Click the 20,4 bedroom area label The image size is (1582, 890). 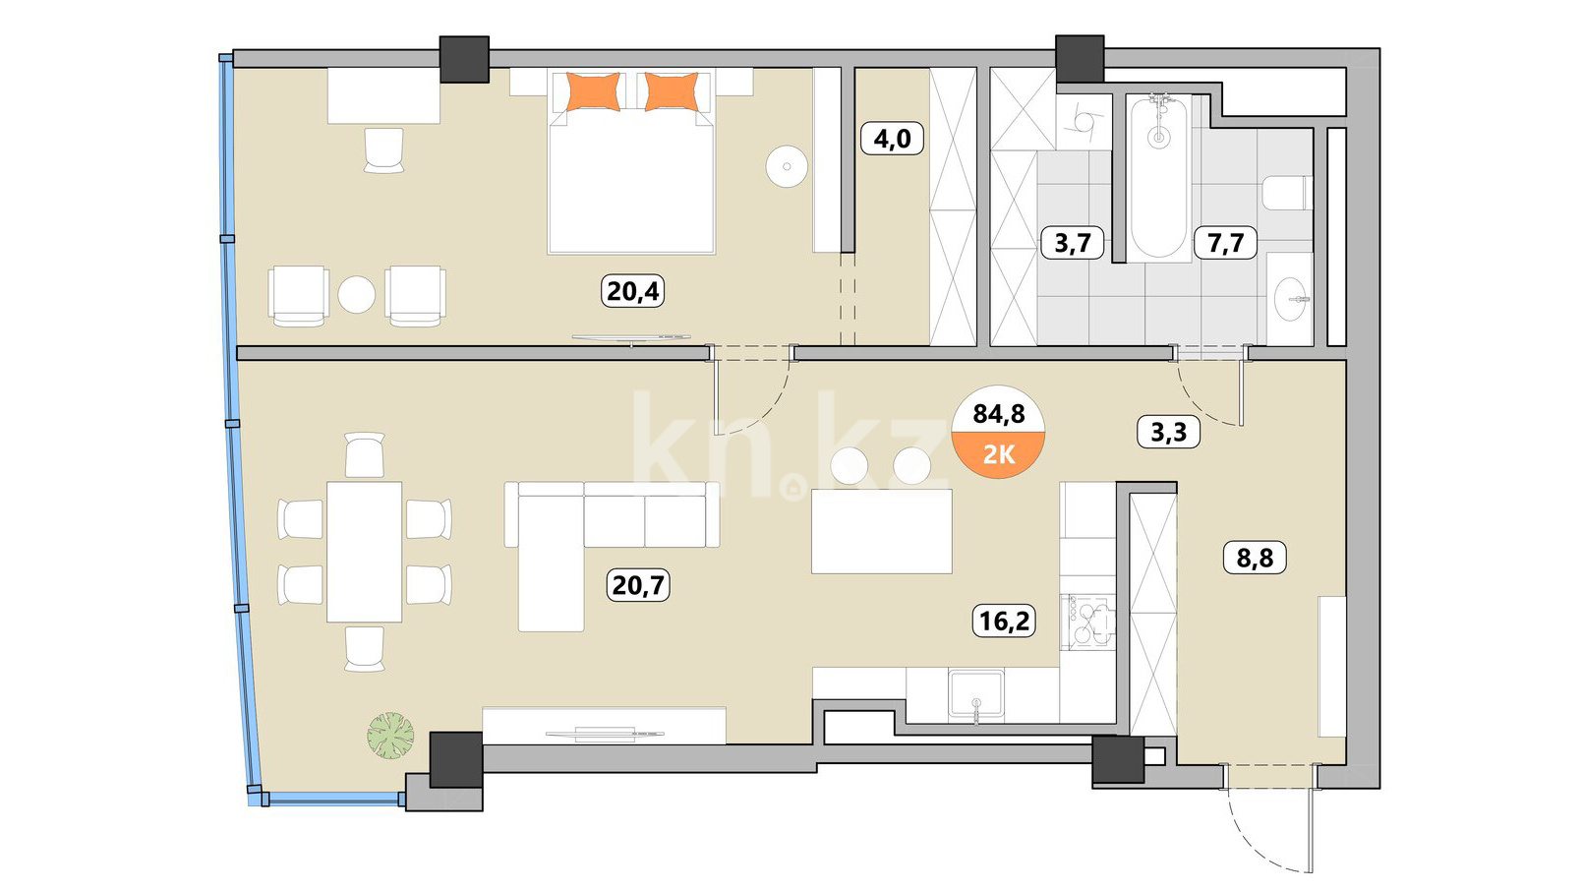[633, 291]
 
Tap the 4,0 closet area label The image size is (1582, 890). [892, 139]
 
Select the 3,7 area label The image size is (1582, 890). [1072, 243]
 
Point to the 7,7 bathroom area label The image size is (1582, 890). [1225, 243]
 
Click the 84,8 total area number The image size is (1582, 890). [999, 413]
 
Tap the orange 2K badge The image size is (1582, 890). [999, 454]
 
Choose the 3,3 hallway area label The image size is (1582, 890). [1168, 432]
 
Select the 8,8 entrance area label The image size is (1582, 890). [1255, 558]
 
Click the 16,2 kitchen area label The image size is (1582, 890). [1004, 622]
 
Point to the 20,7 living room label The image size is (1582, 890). [638, 585]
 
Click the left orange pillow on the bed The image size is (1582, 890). [593, 91]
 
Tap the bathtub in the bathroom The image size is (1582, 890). [1158, 177]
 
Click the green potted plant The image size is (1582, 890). [390, 736]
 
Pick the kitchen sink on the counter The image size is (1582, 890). [976, 693]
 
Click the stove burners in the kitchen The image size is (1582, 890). [1087, 621]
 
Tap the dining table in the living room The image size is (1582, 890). [365, 552]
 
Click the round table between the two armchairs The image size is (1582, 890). [356, 295]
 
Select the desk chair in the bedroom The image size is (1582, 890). [384, 149]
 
